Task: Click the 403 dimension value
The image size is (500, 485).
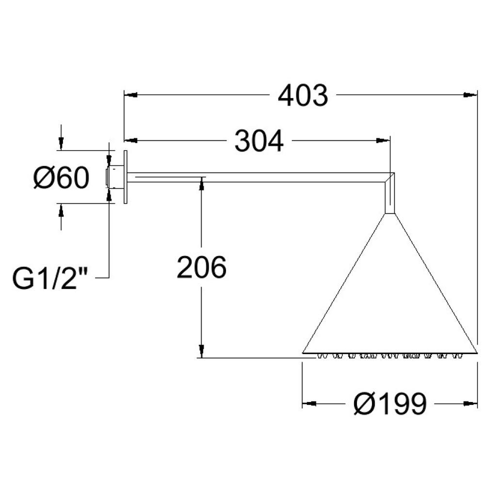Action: pyautogui.click(x=302, y=95)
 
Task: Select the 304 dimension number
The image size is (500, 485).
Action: pyautogui.click(x=259, y=141)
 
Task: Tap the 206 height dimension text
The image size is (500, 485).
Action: pyautogui.click(x=201, y=267)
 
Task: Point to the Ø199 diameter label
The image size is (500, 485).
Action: pyautogui.click(x=390, y=403)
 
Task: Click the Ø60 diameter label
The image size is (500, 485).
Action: pyautogui.click(x=61, y=177)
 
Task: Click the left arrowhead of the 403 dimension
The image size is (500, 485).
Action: pyautogui.click(x=130, y=94)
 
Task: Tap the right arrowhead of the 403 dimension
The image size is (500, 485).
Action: pyautogui.click(x=470, y=94)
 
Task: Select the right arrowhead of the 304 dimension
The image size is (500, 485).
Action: pyautogui.click(x=383, y=140)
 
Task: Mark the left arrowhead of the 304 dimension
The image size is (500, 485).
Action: pyautogui.click(x=130, y=140)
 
